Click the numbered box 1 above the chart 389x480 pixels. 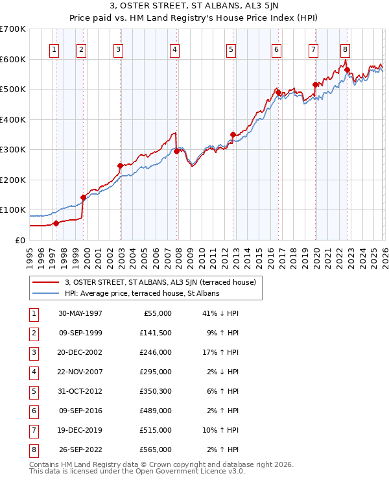click(x=54, y=49)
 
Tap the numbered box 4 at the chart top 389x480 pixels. click(x=176, y=49)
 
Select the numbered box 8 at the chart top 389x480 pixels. click(x=346, y=49)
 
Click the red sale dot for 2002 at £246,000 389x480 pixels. click(x=120, y=166)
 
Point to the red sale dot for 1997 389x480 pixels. click(x=56, y=223)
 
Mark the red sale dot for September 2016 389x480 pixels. click(x=278, y=93)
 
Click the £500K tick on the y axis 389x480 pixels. click(x=13, y=90)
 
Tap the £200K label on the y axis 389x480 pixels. click(x=13, y=180)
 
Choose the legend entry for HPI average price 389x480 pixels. click(x=142, y=293)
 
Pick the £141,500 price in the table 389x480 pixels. click(x=156, y=333)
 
